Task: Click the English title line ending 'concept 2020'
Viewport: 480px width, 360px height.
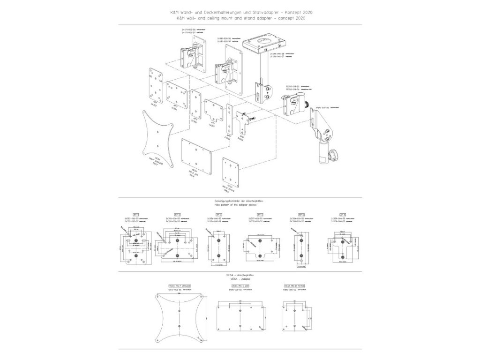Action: point(240,17)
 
